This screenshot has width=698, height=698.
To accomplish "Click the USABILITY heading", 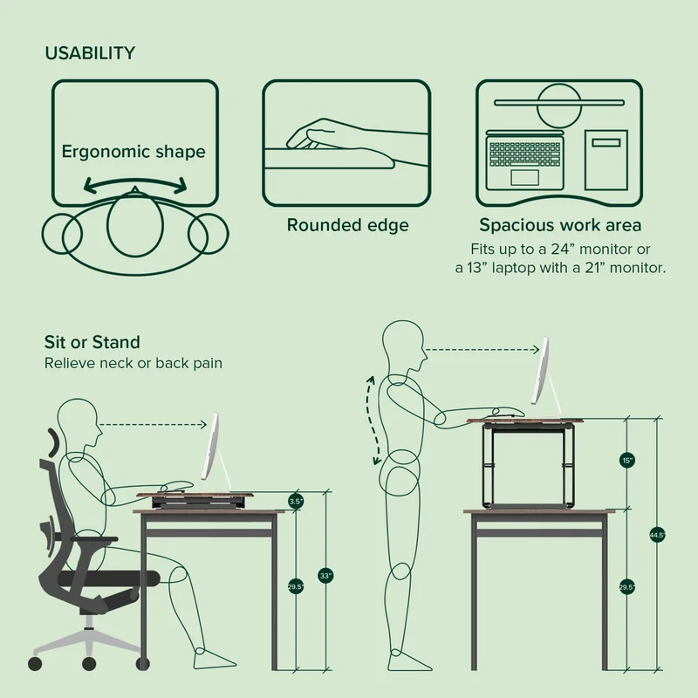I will [x=90, y=53].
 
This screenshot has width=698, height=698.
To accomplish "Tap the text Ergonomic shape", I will [x=133, y=152].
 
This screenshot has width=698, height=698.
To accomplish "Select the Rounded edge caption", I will [x=348, y=226].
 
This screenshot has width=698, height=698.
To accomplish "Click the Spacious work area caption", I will [x=560, y=226].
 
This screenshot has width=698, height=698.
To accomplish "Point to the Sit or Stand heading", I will [x=92, y=341].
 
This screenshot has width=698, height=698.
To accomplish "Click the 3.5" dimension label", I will [x=296, y=502].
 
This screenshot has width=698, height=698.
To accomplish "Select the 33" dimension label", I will [x=325, y=576].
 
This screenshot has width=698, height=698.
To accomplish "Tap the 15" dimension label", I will [x=628, y=460].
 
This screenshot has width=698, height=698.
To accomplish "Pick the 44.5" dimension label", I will [x=657, y=535].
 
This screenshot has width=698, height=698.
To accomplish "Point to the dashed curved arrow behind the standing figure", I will [x=373, y=420].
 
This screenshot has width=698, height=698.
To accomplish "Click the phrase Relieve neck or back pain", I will [x=133, y=361].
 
